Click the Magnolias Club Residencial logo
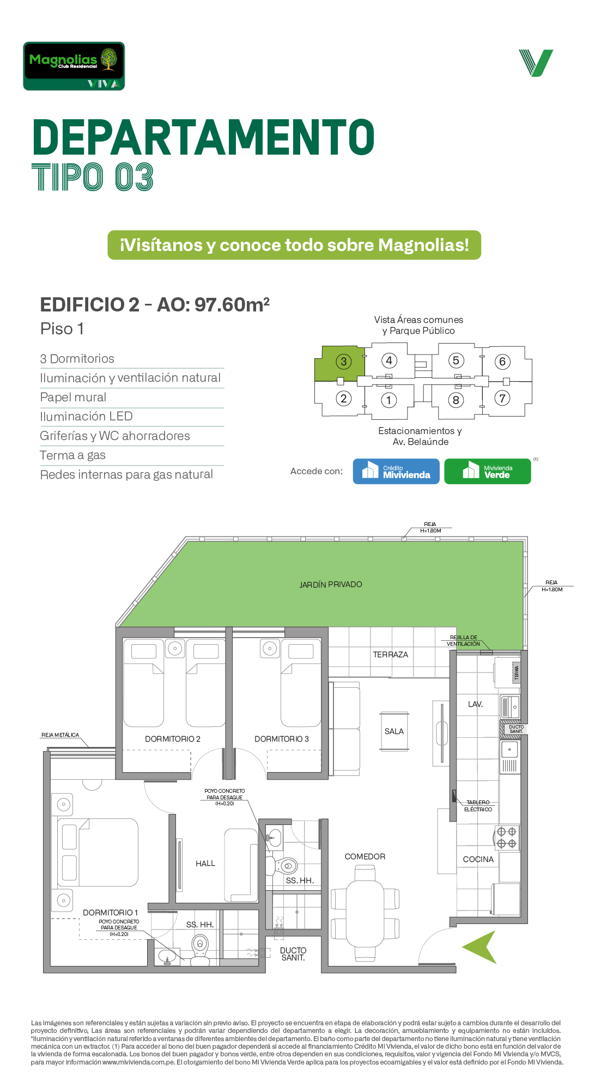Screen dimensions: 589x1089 (74, 66)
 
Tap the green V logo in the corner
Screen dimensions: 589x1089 (536, 63)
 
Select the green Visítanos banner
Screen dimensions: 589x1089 (294, 245)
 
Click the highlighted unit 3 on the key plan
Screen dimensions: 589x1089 (339, 363)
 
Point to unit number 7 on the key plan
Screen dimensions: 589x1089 (502, 398)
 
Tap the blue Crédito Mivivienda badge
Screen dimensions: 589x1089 (396, 471)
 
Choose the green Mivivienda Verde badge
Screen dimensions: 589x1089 (488, 471)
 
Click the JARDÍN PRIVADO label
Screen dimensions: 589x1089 (331, 584)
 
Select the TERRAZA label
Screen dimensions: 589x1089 (391, 654)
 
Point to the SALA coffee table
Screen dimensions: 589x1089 (394, 731)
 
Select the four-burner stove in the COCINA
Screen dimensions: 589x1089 (507, 838)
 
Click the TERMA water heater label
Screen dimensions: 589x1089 (517, 672)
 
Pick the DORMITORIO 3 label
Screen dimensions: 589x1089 (282, 739)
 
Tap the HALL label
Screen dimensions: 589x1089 (205, 864)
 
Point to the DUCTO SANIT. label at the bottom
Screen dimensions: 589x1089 (293, 954)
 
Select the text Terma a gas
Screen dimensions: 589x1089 (73, 455)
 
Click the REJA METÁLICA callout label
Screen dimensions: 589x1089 (60, 735)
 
